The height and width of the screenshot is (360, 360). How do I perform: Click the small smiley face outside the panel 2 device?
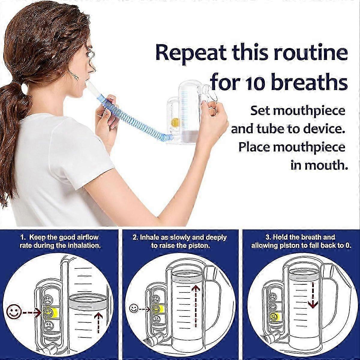point(133,309)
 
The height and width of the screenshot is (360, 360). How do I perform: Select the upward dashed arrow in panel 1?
point(98,322)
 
